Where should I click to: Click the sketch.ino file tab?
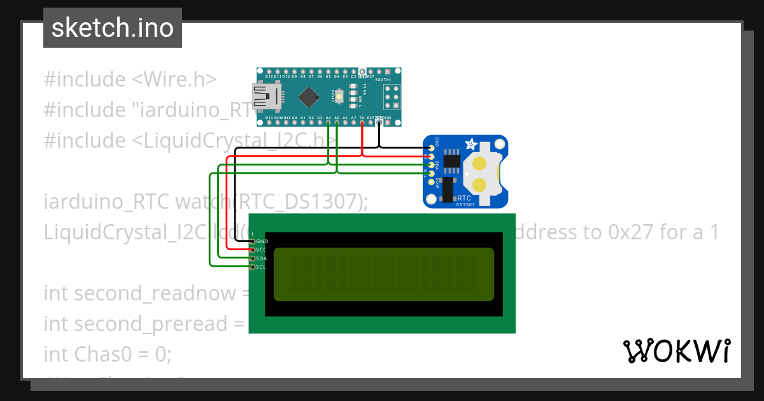(x=113, y=28)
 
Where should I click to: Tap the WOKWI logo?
(x=676, y=351)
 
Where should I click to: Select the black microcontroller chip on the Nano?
(x=309, y=97)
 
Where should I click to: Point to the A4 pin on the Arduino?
(x=329, y=122)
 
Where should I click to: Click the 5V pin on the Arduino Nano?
(x=362, y=122)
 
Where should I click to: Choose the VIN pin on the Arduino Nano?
(x=387, y=122)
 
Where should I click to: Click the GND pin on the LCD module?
(x=253, y=242)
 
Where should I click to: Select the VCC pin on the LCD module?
(x=253, y=250)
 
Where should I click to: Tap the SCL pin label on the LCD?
(x=261, y=267)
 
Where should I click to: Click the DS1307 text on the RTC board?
(x=466, y=204)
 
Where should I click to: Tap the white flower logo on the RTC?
(x=472, y=144)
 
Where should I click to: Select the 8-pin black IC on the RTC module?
(x=453, y=159)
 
